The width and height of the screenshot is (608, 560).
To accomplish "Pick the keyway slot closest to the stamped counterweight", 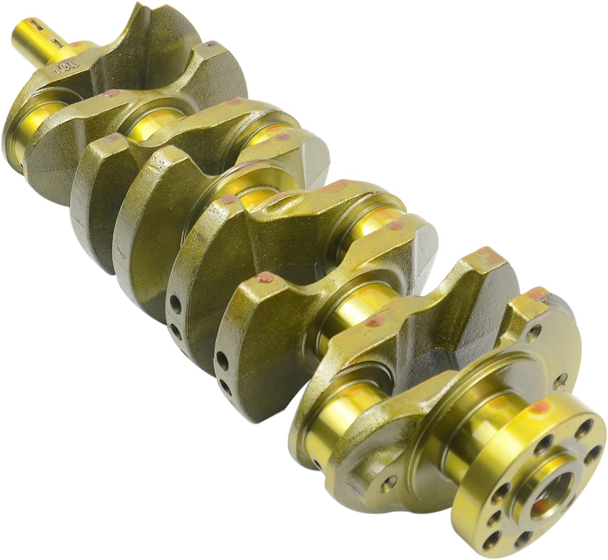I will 55,43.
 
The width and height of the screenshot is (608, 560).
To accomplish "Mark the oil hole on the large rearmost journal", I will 318,465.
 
